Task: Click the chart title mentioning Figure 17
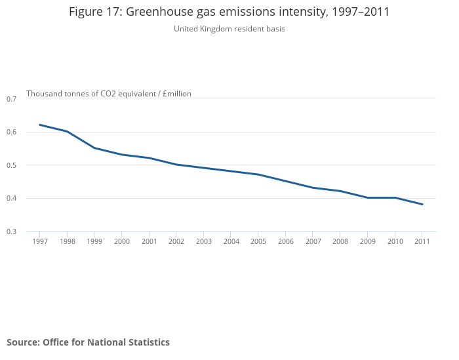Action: click(x=229, y=12)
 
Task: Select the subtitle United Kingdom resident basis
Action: click(x=229, y=29)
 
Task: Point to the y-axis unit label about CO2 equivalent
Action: click(x=109, y=94)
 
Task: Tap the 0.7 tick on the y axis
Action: click(x=11, y=99)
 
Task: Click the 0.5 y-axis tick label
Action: click(x=11, y=165)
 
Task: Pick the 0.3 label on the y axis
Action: click(x=11, y=231)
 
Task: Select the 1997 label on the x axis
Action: click(x=40, y=242)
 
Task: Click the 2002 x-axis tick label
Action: click(x=176, y=242)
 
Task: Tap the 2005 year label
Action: click(x=258, y=242)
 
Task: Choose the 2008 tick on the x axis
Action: click(x=340, y=242)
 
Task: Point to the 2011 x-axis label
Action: click(x=422, y=242)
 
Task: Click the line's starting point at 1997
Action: click(x=40, y=125)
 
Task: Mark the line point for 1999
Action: click(x=94, y=148)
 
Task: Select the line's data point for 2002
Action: click(x=176, y=165)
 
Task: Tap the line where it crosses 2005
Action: click(x=258, y=174)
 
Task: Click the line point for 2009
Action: click(x=367, y=197)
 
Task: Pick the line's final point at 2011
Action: click(x=422, y=204)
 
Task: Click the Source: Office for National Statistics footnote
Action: click(x=88, y=342)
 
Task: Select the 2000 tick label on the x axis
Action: click(x=122, y=242)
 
